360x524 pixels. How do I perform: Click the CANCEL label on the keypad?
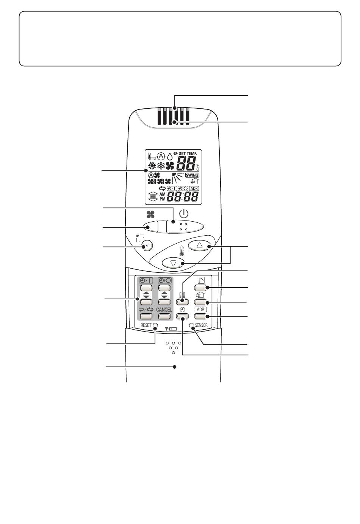click(164, 310)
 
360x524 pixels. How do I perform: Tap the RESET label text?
click(146, 325)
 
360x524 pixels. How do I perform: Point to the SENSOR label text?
click(201, 325)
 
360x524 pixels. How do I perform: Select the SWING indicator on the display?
click(192, 175)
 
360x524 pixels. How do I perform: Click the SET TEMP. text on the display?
click(188, 154)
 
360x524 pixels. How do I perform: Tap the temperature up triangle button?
click(199, 245)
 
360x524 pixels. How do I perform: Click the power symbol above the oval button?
click(184, 214)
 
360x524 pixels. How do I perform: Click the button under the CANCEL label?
click(164, 316)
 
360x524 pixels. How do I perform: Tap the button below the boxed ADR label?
click(200, 316)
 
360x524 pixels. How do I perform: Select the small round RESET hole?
click(155, 325)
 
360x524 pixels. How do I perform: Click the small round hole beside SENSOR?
click(192, 325)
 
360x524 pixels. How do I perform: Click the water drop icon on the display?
click(170, 156)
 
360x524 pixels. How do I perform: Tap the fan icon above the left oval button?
click(150, 214)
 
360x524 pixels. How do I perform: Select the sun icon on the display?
click(152, 166)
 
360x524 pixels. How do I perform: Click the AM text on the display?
click(162, 194)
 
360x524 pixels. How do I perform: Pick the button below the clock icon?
click(182, 316)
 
